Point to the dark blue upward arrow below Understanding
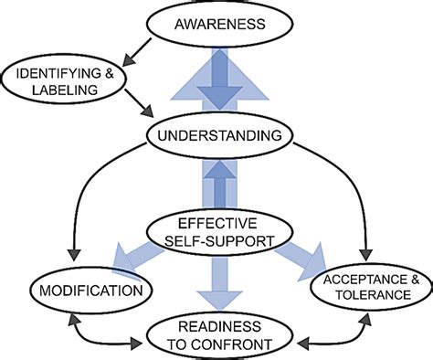216,187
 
